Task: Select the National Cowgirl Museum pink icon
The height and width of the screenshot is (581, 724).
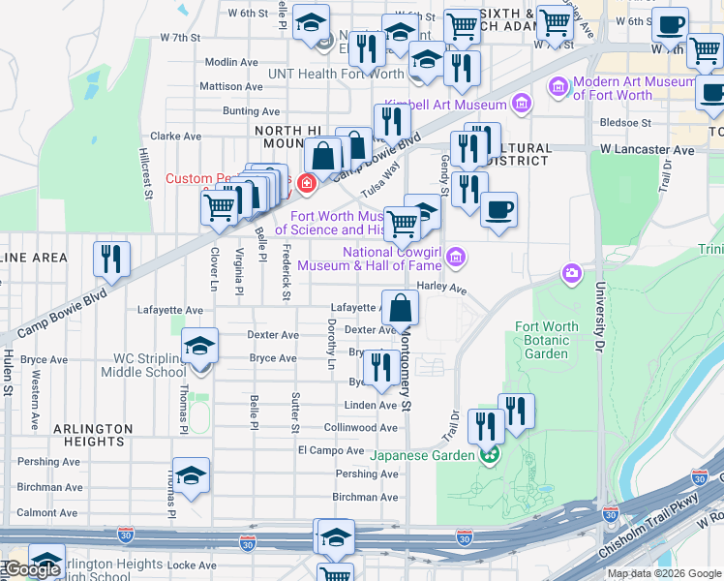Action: pyautogui.click(x=457, y=258)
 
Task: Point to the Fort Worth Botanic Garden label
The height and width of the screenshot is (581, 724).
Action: pyautogui.click(x=547, y=340)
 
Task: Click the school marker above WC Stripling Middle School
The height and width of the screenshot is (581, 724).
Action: pyautogui.click(x=198, y=346)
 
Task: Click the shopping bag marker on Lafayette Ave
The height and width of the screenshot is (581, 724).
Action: pyautogui.click(x=400, y=307)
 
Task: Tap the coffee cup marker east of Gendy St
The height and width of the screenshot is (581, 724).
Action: pyautogui.click(x=498, y=209)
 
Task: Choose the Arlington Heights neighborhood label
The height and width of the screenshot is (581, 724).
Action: pyautogui.click(x=93, y=435)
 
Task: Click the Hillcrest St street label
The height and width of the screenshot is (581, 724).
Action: pyautogui.click(x=147, y=173)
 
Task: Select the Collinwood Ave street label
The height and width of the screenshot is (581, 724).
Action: pyautogui.click(x=361, y=428)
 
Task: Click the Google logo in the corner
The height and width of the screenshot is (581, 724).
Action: pyautogui.click(x=32, y=569)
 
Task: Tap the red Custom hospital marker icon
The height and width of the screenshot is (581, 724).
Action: pyautogui.click(x=306, y=182)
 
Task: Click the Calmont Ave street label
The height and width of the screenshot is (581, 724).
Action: pyautogui.click(x=48, y=513)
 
